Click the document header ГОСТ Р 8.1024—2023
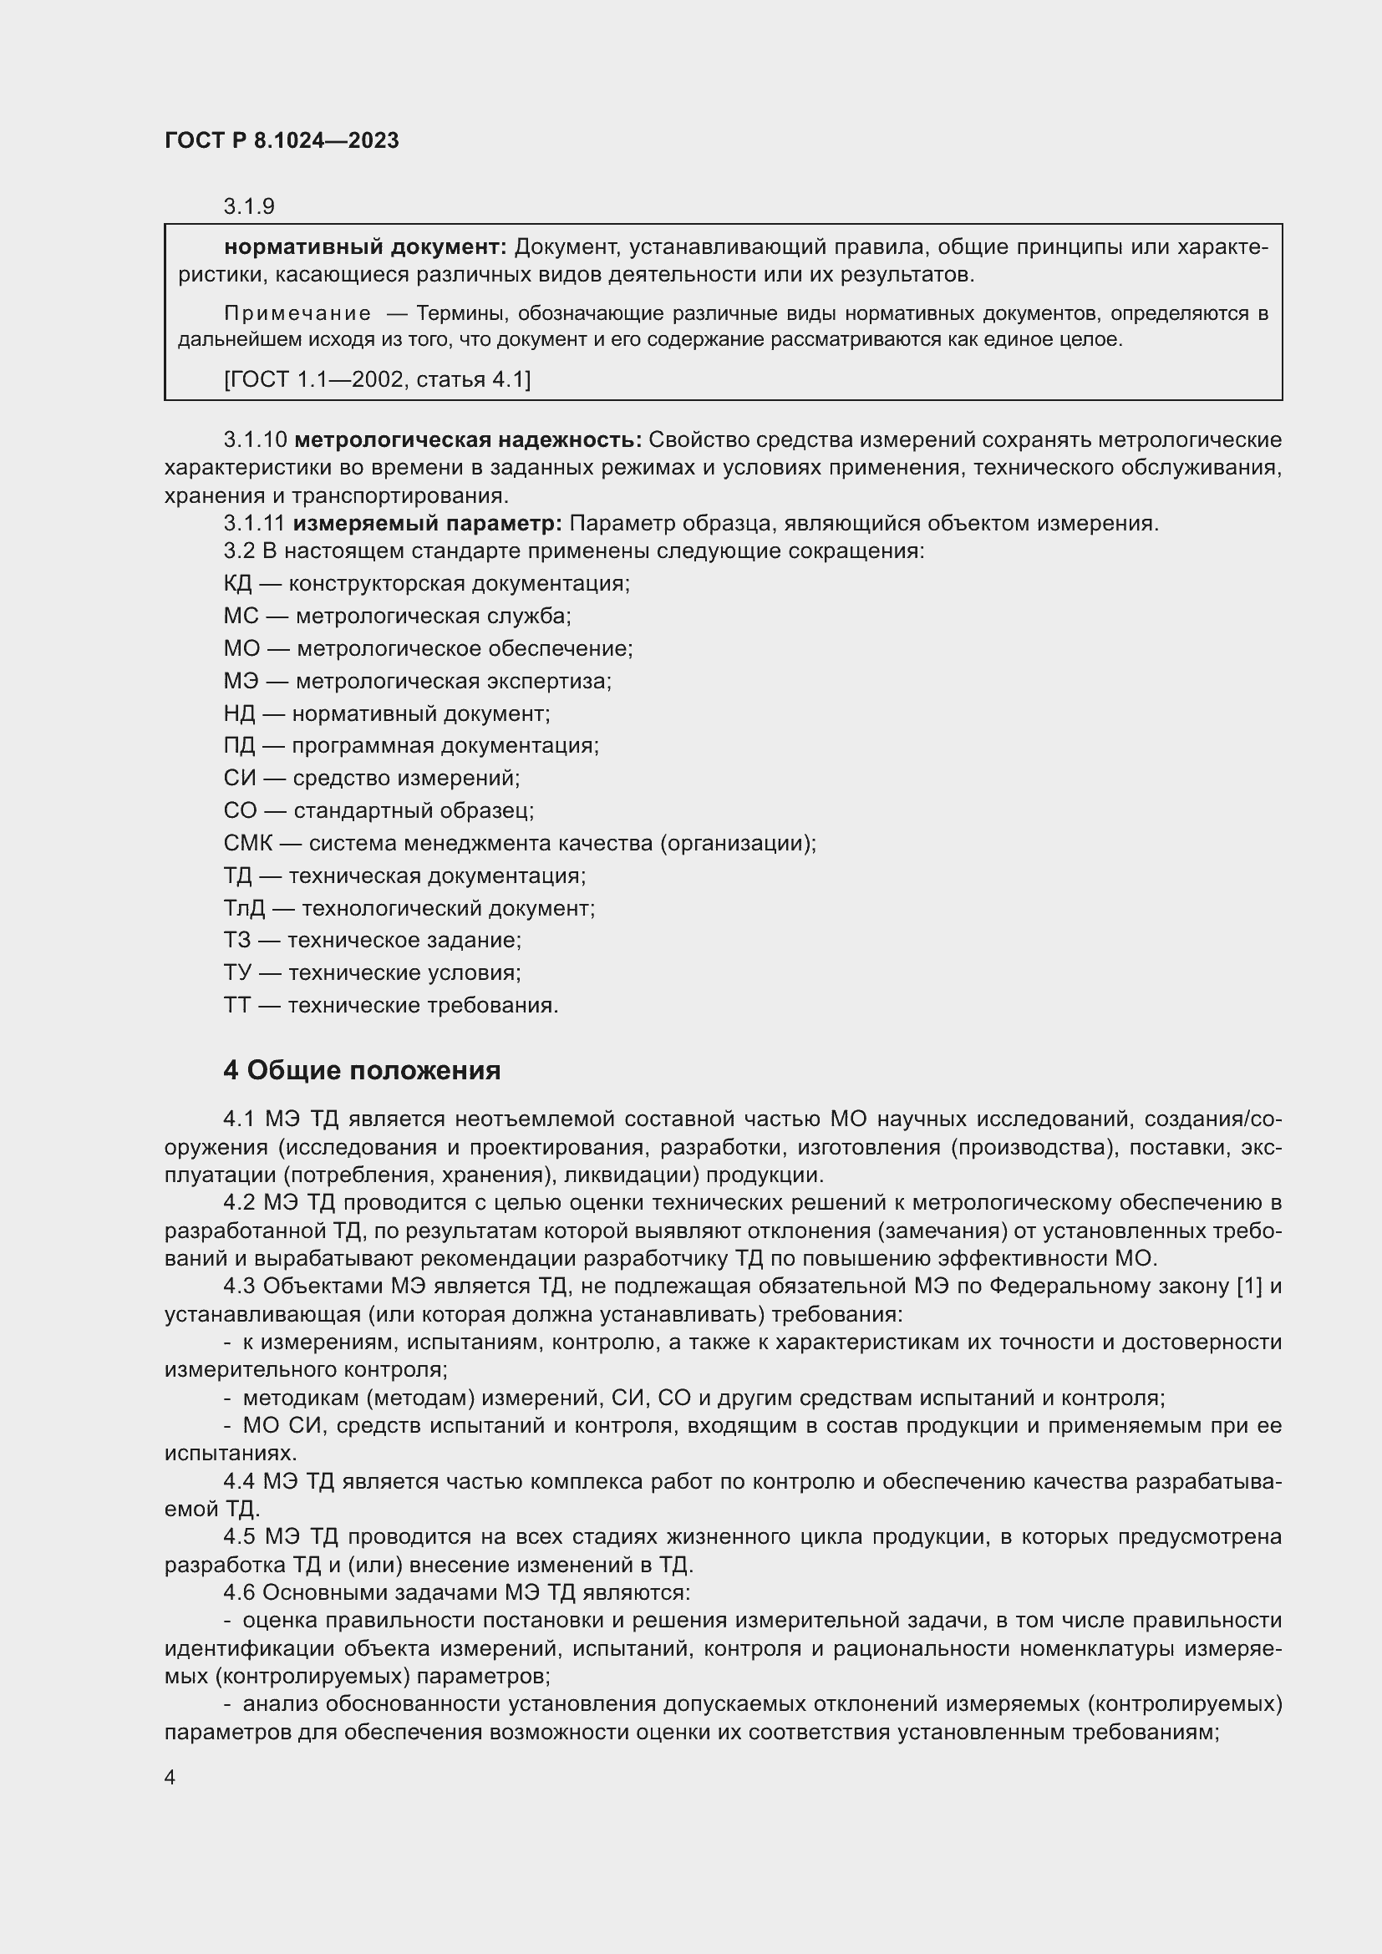(x=282, y=141)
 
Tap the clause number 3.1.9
(x=248, y=207)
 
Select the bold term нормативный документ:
(x=365, y=247)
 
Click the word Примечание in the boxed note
(x=297, y=314)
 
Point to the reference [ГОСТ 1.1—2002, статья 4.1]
(x=377, y=379)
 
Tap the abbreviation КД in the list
(x=237, y=584)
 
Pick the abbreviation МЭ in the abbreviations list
(x=241, y=682)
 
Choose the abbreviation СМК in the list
(x=247, y=844)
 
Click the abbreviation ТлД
(x=244, y=909)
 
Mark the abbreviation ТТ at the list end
(x=237, y=1006)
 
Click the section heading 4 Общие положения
(x=362, y=1071)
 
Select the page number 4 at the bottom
(x=170, y=1777)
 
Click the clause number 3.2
(x=238, y=551)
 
